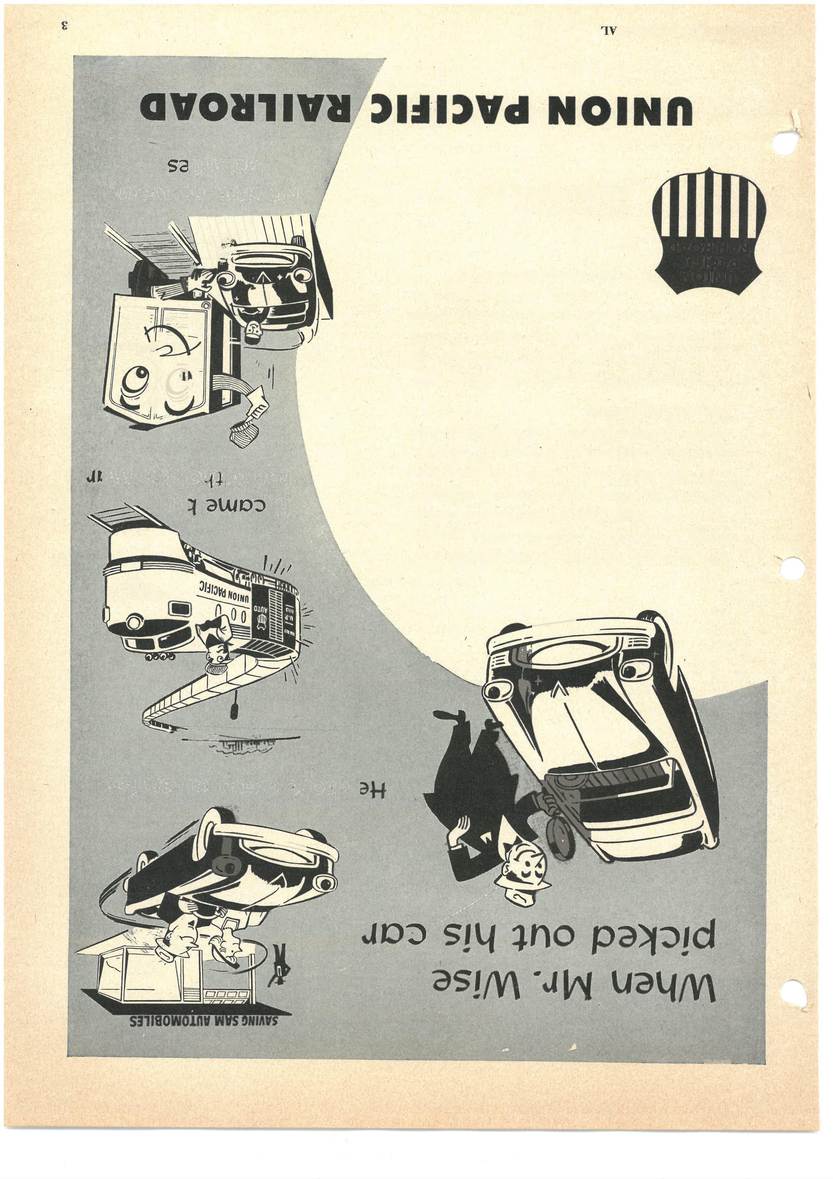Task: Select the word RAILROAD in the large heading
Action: click(246, 109)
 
